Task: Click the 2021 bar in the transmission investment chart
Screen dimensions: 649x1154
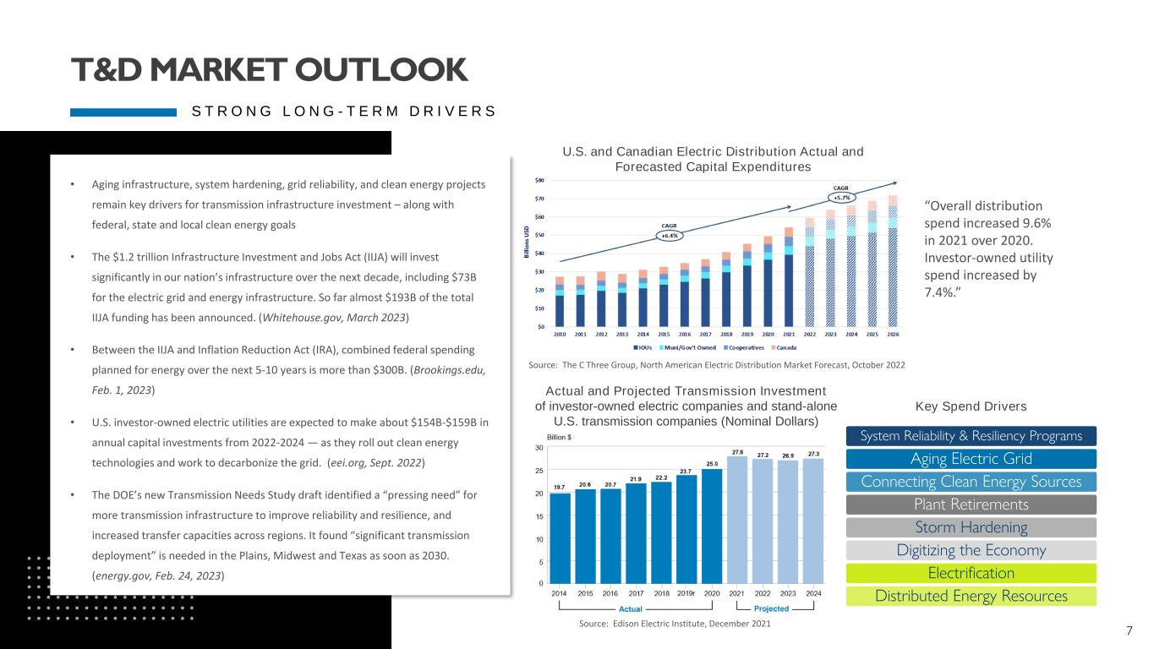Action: [737, 520]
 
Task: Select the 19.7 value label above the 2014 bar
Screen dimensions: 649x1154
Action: [560, 487]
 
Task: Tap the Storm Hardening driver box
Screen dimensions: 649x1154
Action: [971, 528]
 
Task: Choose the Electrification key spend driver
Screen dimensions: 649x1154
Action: [971, 574]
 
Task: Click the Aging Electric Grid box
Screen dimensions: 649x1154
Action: [971, 460]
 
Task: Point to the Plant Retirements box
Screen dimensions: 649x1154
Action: [971, 505]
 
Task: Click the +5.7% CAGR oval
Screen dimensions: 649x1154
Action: [840, 198]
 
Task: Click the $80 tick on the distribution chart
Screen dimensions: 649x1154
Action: [539, 180]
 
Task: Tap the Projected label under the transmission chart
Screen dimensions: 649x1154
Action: [771, 608]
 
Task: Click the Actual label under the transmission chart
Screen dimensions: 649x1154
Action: [631, 608]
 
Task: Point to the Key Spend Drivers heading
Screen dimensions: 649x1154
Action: [971, 406]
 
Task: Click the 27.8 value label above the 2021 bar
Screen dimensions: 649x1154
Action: [737, 453]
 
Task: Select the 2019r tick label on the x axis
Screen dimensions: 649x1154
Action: [686, 593]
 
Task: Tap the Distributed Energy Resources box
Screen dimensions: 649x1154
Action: [971, 597]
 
